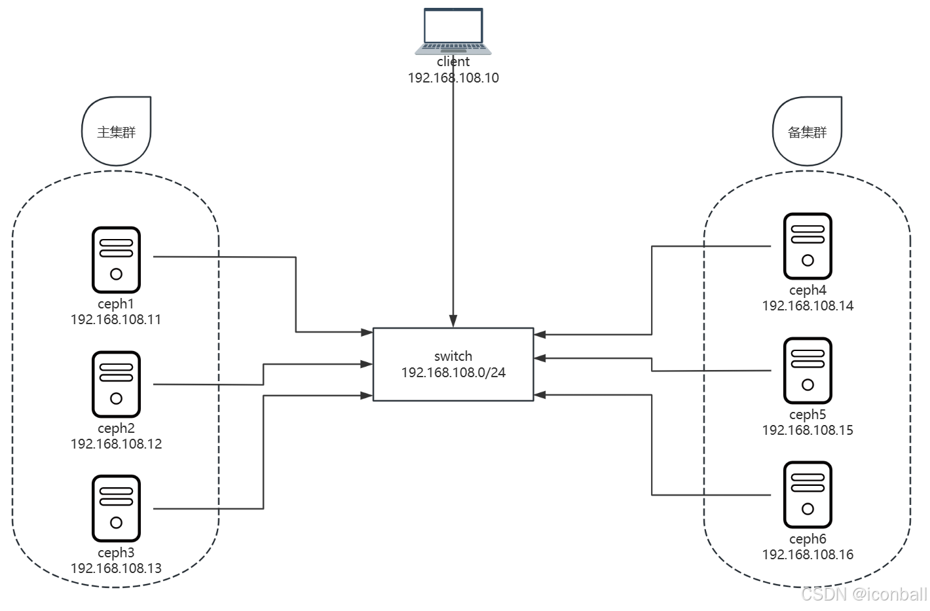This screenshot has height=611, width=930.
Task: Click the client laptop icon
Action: [453, 31]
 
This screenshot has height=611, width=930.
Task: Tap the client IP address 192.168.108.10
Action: [453, 78]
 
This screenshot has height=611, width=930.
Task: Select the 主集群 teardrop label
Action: [117, 132]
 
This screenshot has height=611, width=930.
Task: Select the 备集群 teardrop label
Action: [808, 132]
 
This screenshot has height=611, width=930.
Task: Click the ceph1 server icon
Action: [117, 260]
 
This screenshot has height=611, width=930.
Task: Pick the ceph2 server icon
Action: [117, 384]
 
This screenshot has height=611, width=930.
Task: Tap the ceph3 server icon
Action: [117, 509]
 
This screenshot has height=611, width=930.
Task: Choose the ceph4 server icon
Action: [808, 246]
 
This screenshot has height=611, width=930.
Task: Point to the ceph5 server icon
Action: [808, 371]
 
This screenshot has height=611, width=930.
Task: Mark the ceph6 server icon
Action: [808, 495]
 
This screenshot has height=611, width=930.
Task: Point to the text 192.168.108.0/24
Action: [453, 373]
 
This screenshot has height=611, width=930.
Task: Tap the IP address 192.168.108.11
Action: [116, 320]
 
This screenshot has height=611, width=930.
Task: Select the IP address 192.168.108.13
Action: [116, 568]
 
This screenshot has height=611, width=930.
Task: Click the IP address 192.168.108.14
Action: [808, 306]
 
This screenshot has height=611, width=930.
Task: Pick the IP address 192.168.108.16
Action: [808, 555]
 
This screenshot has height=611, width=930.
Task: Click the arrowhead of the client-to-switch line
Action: [453, 322]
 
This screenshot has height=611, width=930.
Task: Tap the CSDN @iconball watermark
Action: [864, 594]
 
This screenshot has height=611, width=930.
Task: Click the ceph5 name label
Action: [808, 415]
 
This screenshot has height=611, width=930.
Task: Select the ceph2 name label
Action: [116, 428]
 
